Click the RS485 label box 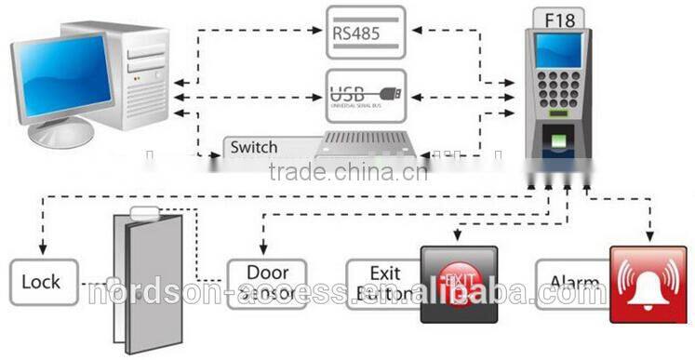[367, 32]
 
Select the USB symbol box [367, 94]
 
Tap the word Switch [254, 147]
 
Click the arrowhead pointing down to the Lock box [41, 250]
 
